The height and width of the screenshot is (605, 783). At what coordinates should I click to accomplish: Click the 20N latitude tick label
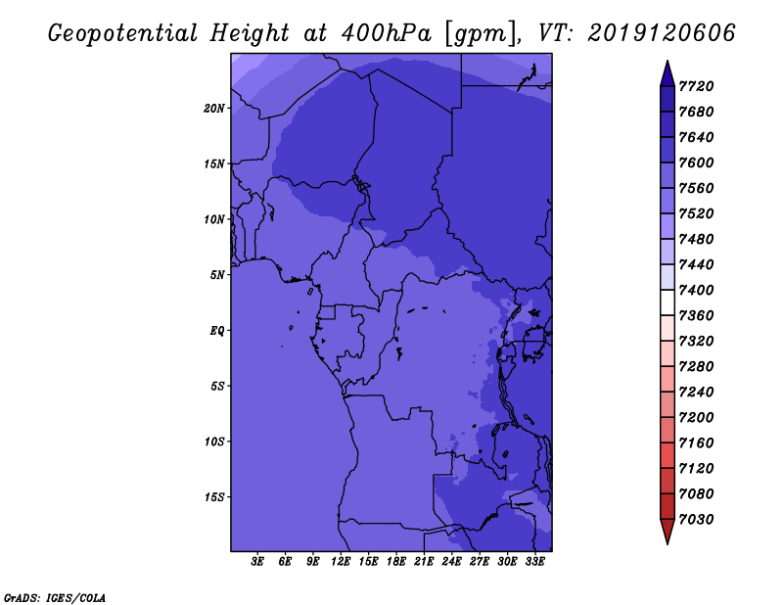[x=214, y=109]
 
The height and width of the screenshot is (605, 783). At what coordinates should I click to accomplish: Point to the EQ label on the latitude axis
[x=217, y=331]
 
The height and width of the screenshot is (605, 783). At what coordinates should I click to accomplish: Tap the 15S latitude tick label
[x=214, y=497]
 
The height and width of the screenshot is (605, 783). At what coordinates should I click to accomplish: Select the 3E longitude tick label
[x=257, y=562]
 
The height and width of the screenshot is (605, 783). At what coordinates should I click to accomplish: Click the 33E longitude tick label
[x=534, y=562]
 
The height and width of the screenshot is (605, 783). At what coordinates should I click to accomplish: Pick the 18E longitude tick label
[x=396, y=562]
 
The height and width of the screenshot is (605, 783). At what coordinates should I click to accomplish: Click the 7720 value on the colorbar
[x=696, y=86]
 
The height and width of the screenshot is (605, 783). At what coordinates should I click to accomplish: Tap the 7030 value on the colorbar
[x=696, y=520]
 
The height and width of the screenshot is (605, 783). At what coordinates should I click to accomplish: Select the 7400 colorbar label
[x=696, y=290]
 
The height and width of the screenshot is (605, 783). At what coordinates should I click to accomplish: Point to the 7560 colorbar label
[x=696, y=188]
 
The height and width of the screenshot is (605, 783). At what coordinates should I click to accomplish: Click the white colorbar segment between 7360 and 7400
[x=668, y=302]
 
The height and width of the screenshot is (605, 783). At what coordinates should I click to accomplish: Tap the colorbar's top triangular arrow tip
[x=668, y=61]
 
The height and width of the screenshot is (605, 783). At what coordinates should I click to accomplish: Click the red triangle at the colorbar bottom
[x=668, y=531]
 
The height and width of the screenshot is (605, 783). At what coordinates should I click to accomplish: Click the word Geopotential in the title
[x=123, y=34]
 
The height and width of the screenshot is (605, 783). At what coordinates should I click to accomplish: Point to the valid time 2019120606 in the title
[x=662, y=33]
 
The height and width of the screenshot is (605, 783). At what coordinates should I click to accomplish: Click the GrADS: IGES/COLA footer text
[x=55, y=598]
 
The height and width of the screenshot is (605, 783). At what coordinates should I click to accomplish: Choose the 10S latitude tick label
[x=214, y=442]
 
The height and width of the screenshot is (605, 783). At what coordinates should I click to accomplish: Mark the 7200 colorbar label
[x=696, y=418]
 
